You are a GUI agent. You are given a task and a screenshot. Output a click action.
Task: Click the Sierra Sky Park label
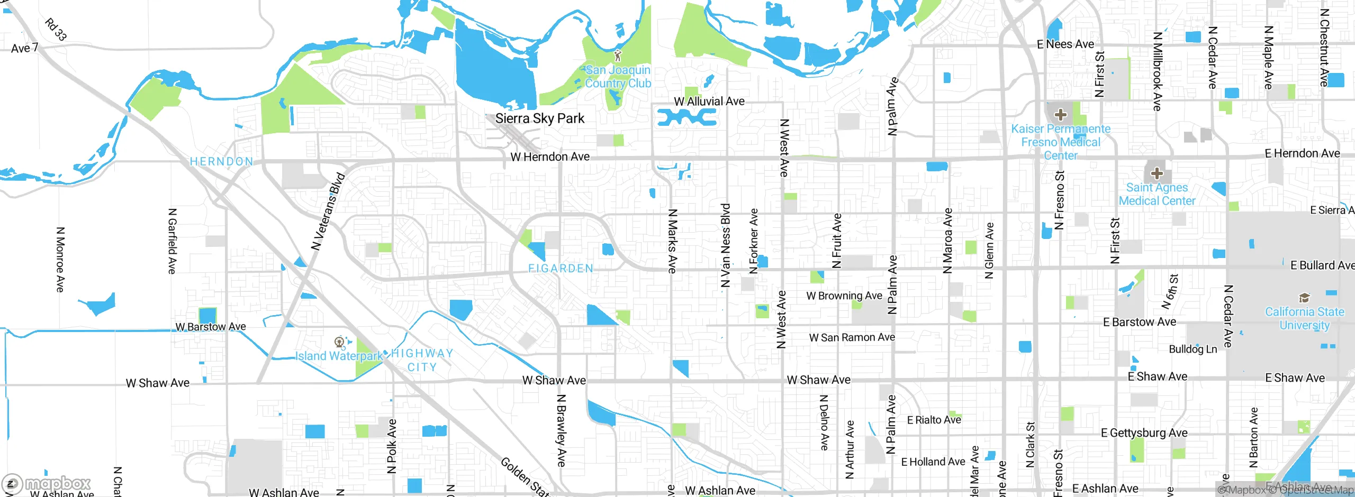click(539, 118)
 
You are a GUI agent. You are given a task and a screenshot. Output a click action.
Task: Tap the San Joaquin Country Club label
click(618, 77)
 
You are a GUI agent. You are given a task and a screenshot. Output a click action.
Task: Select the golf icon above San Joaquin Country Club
click(617, 55)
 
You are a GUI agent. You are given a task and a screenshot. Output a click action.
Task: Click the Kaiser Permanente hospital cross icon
click(1060, 114)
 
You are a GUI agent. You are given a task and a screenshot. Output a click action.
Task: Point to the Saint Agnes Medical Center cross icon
click(1157, 173)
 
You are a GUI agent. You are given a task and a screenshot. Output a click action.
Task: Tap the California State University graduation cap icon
click(1304, 298)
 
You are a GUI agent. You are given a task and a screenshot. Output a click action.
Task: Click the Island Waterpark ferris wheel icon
click(340, 342)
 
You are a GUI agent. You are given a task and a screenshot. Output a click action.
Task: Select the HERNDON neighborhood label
click(221, 161)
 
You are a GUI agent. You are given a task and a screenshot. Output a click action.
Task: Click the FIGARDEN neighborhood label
click(561, 269)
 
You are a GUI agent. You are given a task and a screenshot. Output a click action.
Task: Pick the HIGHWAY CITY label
click(422, 360)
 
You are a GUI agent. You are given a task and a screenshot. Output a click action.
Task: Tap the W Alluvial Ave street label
click(709, 101)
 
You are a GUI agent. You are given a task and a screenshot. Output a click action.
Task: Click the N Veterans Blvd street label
click(328, 211)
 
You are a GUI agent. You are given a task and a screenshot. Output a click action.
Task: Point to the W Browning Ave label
click(844, 296)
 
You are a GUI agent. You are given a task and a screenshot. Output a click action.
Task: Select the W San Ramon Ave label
click(852, 337)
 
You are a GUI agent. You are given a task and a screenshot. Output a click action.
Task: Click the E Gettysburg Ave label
click(1144, 433)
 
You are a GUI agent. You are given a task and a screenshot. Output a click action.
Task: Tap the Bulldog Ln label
click(1193, 349)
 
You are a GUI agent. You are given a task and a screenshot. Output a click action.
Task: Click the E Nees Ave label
click(1065, 44)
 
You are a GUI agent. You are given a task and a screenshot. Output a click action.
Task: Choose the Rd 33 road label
click(56, 30)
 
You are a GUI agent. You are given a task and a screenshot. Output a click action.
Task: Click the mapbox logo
click(47, 484)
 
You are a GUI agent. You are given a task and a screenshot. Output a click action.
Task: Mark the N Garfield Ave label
click(172, 241)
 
